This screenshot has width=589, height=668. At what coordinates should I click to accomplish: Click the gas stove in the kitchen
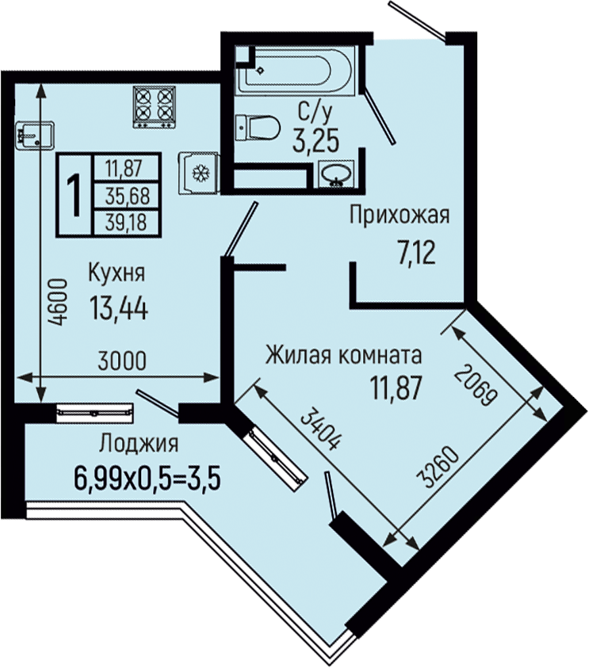155,107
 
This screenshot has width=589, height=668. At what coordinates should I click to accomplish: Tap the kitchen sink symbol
35,136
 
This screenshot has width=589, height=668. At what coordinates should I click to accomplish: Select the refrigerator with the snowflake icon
198,173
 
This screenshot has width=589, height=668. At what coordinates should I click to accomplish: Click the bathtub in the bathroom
295,71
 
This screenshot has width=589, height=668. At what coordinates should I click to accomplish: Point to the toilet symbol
258,127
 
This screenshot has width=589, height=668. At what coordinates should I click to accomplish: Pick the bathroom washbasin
336,174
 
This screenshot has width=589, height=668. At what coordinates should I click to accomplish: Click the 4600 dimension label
57,302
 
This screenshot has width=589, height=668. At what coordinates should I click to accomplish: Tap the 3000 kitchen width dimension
122,361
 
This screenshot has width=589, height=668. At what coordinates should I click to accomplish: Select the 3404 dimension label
321,428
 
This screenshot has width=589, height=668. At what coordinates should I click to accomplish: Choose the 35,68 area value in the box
128,196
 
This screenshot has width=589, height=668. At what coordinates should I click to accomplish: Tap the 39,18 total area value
126,223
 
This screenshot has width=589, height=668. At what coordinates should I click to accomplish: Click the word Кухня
117,273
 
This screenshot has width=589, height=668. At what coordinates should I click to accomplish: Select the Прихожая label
400,216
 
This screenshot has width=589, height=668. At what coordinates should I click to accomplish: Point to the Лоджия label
139,444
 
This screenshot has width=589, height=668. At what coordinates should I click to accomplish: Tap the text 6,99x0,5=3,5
147,478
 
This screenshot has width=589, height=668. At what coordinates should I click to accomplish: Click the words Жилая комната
343,355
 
